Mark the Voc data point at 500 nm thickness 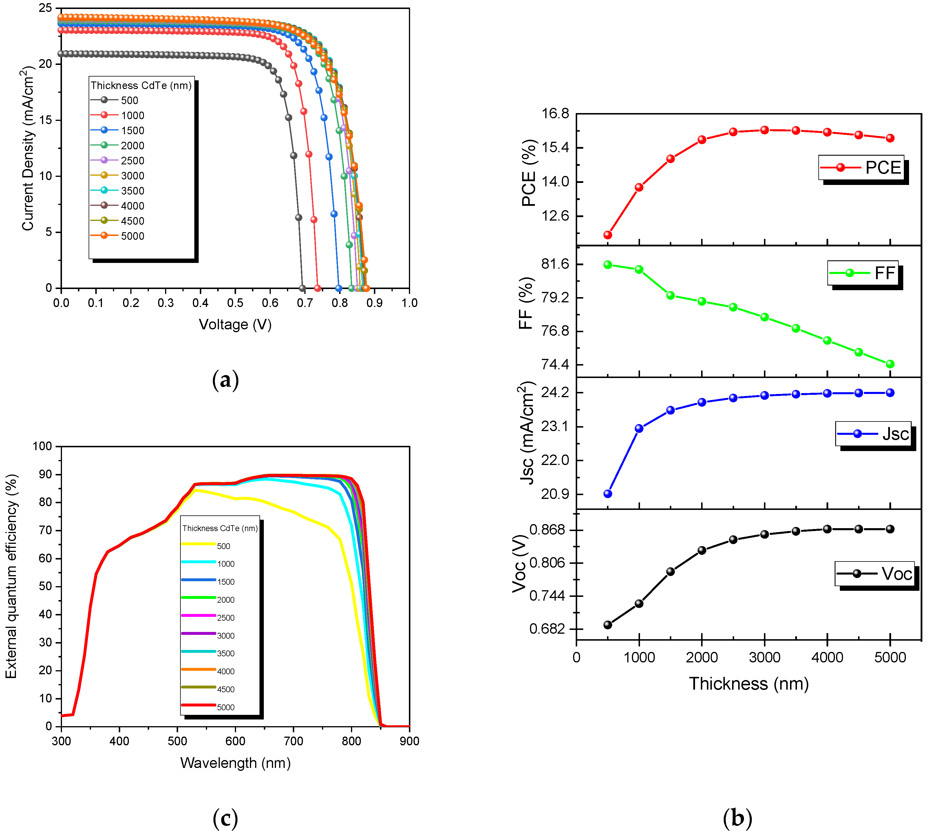608,625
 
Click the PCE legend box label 883,168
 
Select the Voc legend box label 896,574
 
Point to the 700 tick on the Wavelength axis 293,741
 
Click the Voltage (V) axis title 235,324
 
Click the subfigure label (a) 225,380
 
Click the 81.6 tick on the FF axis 555,264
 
